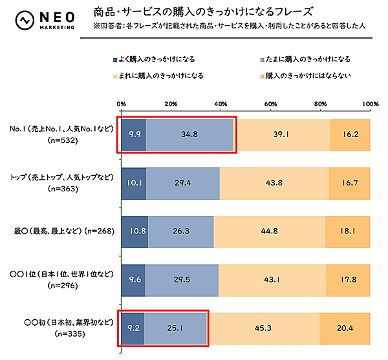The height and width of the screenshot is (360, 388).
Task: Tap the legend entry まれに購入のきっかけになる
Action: pos(157,75)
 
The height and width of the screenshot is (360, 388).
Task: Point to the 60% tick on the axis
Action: pos(270,104)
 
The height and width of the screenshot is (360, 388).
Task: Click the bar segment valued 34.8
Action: pos(189,134)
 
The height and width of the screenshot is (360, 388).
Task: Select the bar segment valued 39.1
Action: pos(281,134)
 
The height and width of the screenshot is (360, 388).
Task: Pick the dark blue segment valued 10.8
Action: pos(135,231)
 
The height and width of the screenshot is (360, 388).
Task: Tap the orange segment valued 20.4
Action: pos(345,328)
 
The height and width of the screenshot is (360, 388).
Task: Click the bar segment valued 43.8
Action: pos(274,183)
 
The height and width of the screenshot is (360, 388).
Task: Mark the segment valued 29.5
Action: pos(182,279)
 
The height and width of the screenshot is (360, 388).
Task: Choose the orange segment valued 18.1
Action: pos(348,231)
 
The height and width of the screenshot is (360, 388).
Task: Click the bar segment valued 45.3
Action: pos(263,328)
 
